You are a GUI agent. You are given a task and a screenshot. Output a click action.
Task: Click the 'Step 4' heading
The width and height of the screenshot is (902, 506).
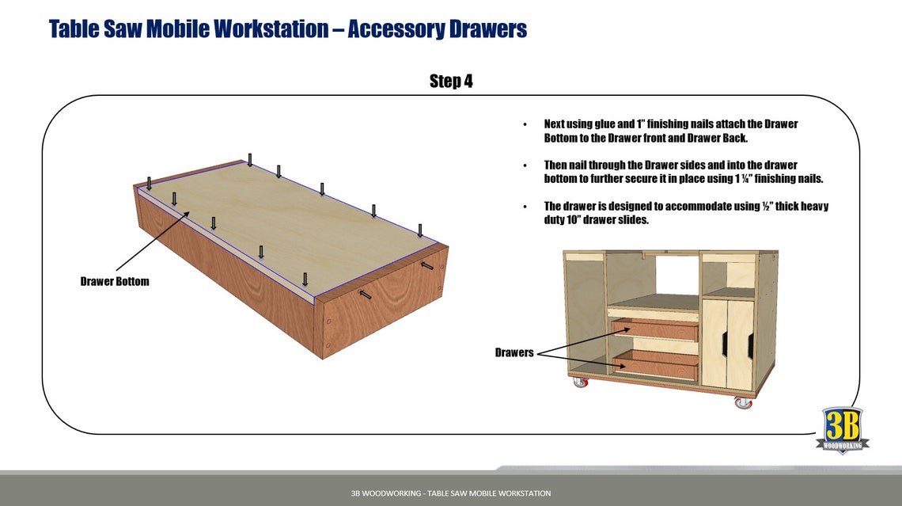(451, 81)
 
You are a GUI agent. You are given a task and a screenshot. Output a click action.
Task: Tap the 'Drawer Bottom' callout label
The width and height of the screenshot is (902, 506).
(114, 281)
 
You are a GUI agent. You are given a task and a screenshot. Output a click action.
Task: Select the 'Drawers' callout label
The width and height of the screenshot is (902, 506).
(514, 352)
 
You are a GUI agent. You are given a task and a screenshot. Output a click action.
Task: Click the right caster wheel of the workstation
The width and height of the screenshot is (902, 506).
(742, 402)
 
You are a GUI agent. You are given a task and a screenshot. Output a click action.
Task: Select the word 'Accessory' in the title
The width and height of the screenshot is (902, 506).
(396, 29)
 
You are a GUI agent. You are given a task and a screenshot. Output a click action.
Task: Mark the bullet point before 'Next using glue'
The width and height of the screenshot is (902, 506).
(525, 125)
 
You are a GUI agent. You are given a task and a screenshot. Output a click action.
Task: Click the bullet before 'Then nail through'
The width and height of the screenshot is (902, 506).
(525, 165)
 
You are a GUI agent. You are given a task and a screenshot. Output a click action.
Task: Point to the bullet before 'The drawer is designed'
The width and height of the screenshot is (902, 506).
(525, 207)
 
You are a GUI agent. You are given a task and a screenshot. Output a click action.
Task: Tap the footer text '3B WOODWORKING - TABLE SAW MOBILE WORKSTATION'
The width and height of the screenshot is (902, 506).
(451, 493)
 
